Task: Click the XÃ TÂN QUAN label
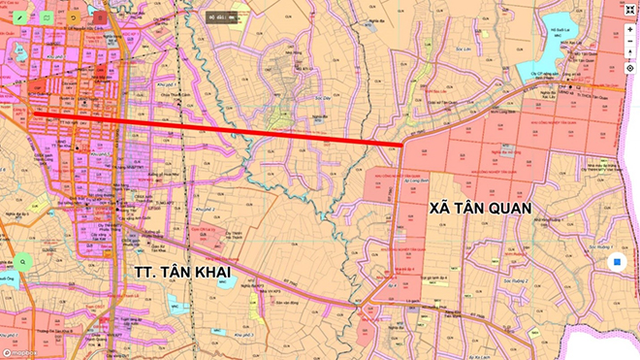pyautogui.click(x=484, y=208)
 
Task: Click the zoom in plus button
pyautogui.click(x=629, y=29)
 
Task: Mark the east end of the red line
pyautogui.click(x=403, y=146)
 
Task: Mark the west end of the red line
pyautogui.click(x=35, y=115)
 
